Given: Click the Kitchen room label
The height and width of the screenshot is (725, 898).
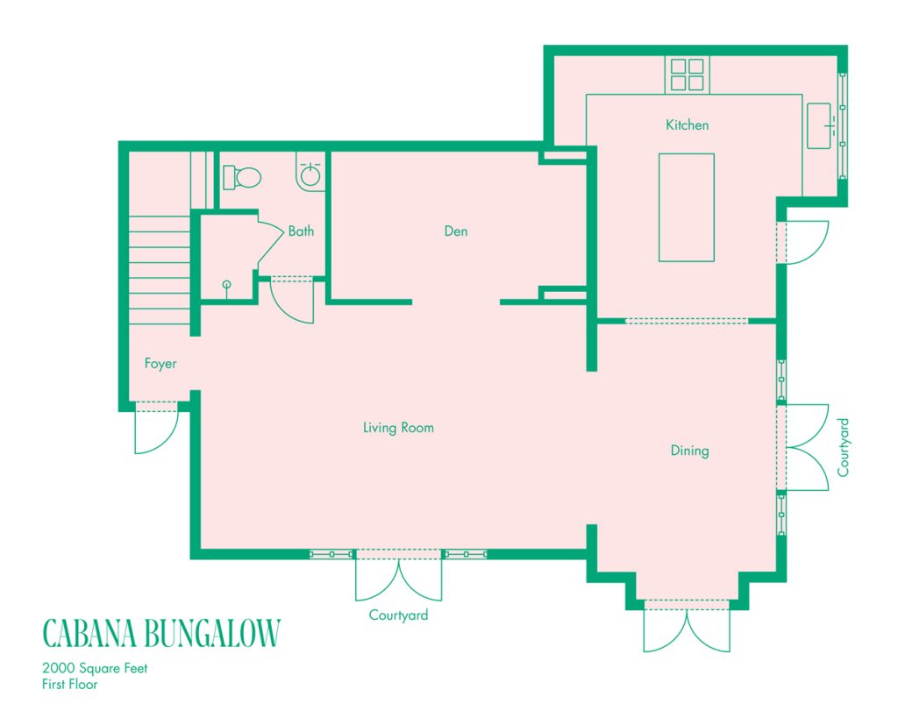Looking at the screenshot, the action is click(x=687, y=124).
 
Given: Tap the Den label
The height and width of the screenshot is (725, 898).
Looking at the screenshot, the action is click(x=456, y=231).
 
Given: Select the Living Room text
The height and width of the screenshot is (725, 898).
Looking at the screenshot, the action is click(x=398, y=427).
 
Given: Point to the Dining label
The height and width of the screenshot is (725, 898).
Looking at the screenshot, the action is click(x=689, y=451).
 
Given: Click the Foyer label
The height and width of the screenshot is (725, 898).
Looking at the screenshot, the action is click(x=160, y=364).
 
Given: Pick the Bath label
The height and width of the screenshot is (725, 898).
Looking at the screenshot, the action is click(x=301, y=231).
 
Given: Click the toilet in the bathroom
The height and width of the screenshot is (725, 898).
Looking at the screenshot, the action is click(x=242, y=178).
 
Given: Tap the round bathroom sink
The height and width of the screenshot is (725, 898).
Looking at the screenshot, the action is click(x=310, y=174).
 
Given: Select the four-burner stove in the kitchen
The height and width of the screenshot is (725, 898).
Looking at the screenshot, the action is click(x=688, y=75).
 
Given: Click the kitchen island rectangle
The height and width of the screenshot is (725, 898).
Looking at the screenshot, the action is click(x=686, y=207).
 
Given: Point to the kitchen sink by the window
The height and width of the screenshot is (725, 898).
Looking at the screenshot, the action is click(x=819, y=126).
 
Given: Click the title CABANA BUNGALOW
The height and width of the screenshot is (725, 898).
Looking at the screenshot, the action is click(x=161, y=633).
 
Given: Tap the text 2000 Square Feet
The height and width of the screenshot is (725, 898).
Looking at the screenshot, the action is click(x=95, y=668).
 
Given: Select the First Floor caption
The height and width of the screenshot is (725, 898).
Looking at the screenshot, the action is click(x=70, y=685).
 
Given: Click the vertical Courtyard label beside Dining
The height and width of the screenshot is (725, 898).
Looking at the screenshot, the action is click(x=843, y=447).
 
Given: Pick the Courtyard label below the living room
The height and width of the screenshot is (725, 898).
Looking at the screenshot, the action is click(x=398, y=615).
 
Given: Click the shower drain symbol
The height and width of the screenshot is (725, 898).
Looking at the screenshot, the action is click(x=227, y=284).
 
